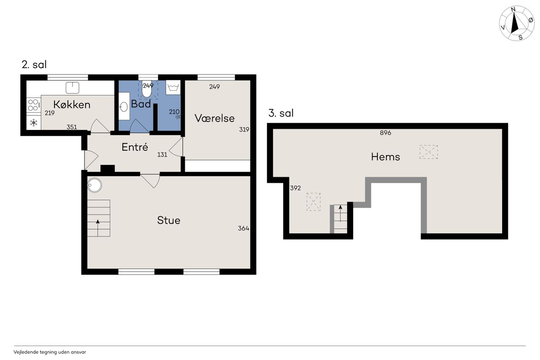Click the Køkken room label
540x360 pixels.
72,105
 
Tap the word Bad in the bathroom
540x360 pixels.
141,104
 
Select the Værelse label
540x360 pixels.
215,118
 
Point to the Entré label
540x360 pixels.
135,147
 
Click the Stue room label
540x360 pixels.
169,220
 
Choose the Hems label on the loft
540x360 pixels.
386,157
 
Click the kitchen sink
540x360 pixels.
73,87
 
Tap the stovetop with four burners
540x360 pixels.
33,105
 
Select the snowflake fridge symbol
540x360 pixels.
33,123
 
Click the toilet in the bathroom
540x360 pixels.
146,89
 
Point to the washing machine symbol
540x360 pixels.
173,87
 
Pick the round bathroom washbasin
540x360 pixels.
124,107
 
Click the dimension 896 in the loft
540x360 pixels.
386,133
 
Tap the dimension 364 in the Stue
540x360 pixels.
243,228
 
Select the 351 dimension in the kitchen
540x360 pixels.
72,127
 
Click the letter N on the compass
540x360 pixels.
513,9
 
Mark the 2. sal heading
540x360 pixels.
34,65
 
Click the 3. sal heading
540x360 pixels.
281,113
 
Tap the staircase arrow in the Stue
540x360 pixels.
97,228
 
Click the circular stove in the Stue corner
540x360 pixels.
94,185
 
